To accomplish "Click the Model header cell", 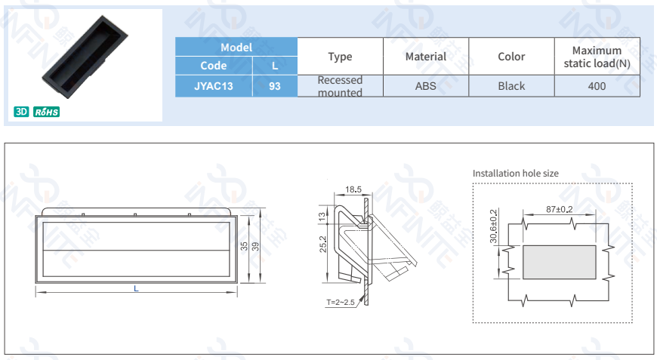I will [236, 47].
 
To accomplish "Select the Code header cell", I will [214, 66].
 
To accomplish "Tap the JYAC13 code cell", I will [214, 86].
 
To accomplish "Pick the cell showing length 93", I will [274, 86].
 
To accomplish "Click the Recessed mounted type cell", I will [340, 86].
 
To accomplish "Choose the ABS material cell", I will [426, 86].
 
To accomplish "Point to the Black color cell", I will [511, 86].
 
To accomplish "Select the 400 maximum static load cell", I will [597, 86].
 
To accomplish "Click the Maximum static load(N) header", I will [597, 57].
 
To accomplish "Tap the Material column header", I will [426, 57].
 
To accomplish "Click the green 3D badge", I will [21, 112].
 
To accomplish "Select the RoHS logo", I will [47, 112].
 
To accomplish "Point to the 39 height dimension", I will [254, 247].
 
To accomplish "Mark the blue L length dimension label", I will [136, 289].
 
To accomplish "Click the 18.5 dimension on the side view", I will [353, 189].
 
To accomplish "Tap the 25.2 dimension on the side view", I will [322, 245].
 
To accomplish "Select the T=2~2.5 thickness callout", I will [340, 303].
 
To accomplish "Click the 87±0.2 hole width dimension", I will [559, 209].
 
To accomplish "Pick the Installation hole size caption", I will [516, 174].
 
